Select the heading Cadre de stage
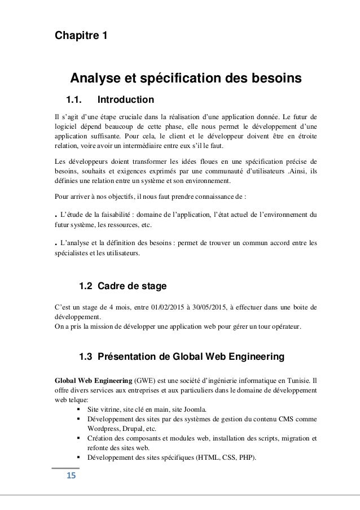[x=132, y=286]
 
